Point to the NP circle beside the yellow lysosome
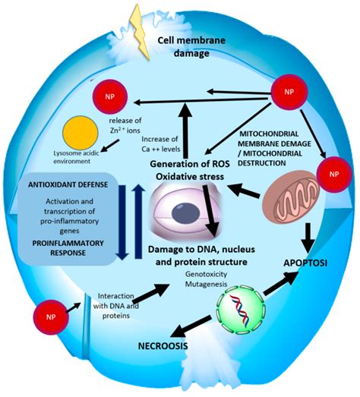(x=108, y=99)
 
